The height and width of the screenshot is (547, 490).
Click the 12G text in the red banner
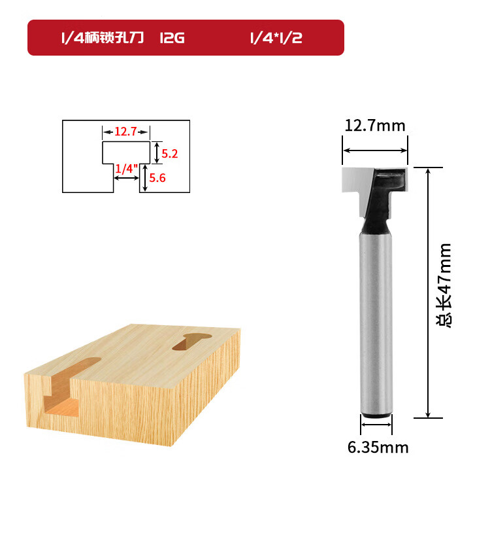172,38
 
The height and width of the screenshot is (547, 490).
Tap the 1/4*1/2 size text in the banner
276,38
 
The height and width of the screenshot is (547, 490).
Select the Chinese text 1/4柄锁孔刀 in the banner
103,38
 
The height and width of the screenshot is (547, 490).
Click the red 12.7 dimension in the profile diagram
125,132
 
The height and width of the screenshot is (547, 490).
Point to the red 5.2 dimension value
170,154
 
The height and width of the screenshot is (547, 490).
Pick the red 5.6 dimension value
157,178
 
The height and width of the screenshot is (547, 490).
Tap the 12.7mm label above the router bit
375,126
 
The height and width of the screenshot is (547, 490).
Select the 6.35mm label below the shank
378,448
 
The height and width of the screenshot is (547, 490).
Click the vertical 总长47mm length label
444,285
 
